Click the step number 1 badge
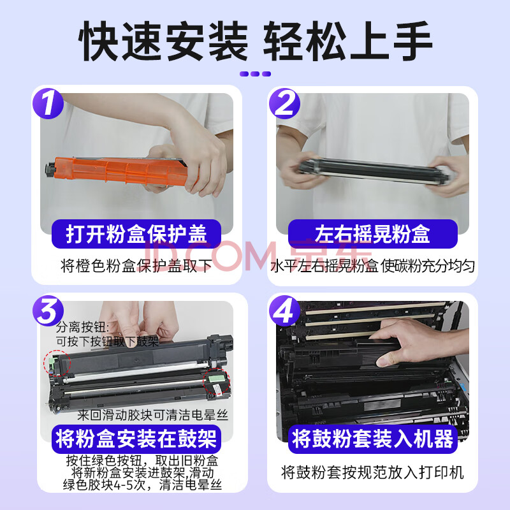pyautogui.click(x=48, y=103)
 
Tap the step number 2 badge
pyautogui.click(x=284, y=103)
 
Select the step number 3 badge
pyautogui.click(x=48, y=310)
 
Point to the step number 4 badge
pyautogui.click(x=284, y=310)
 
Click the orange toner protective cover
pyautogui.click(x=124, y=171)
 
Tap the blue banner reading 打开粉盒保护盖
pyautogui.click(x=136, y=234)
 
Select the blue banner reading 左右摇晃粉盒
pyautogui.click(x=373, y=234)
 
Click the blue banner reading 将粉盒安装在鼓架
pyautogui.click(x=136, y=439)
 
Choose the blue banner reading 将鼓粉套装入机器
pyautogui.click(x=373, y=439)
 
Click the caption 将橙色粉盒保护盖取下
pyautogui.click(x=136, y=266)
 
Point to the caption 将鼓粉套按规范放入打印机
pyautogui.click(x=372, y=472)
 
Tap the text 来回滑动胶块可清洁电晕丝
pyautogui.click(x=153, y=416)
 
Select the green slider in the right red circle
pyautogui.click(x=216, y=379)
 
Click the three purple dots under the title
pyautogui.click(x=256, y=74)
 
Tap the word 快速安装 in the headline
pyautogui.click(x=163, y=41)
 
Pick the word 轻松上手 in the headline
pyautogui.click(x=347, y=41)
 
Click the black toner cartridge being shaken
pyautogui.click(x=374, y=171)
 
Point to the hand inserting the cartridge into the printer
pyautogui.click(x=419, y=342)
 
